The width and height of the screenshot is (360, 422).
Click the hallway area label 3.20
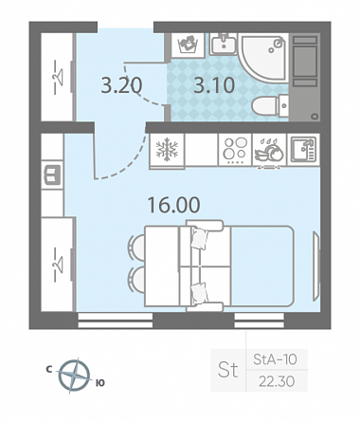(x=121, y=85)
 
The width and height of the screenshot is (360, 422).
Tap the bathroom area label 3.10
(x=214, y=85)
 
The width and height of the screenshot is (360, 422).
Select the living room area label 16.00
(x=173, y=205)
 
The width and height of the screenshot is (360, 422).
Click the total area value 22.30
(x=277, y=381)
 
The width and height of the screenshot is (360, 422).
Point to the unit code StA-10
(x=275, y=359)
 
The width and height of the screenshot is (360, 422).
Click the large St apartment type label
(x=227, y=370)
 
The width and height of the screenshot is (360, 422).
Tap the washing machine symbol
(x=188, y=45)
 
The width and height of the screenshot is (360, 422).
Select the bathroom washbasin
(x=224, y=44)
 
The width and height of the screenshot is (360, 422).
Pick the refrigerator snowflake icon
(x=167, y=149)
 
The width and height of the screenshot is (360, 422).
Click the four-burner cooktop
(x=235, y=150)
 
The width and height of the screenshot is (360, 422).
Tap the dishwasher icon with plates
(x=269, y=150)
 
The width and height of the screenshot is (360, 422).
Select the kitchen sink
(x=303, y=150)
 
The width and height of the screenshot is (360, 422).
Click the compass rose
(x=74, y=376)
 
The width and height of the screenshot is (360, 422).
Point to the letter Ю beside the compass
(x=100, y=383)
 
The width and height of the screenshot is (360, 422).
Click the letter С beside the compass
(x=49, y=369)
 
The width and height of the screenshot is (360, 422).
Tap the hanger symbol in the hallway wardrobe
(x=57, y=77)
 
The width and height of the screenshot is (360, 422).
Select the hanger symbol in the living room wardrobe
(x=57, y=265)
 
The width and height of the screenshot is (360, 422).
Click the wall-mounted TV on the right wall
(x=316, y=266)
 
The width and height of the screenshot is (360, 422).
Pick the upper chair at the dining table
(x=136, y=247)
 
